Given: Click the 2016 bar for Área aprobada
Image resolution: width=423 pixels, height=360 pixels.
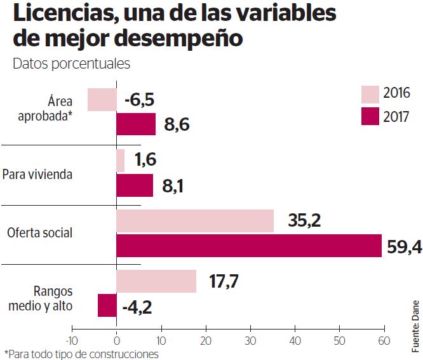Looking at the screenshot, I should [102, 100].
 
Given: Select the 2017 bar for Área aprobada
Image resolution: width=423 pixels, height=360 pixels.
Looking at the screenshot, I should [136, 124].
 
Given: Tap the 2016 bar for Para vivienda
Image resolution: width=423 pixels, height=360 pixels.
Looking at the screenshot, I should [121, 161].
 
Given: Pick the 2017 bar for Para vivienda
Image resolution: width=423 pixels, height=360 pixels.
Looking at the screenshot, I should [135, 185].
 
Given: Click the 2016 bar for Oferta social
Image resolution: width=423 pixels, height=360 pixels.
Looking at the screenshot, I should [195, 221].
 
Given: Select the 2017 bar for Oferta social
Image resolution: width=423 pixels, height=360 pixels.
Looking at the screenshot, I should [249, 246].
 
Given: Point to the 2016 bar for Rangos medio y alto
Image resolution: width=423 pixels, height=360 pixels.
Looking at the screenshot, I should [156, 281].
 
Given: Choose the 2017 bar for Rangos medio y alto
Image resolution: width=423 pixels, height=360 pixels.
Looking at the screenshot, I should [107, 305].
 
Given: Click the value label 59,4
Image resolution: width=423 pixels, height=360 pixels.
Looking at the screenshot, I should [404, 247].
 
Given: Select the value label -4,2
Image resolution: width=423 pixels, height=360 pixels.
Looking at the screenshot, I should [137, 307].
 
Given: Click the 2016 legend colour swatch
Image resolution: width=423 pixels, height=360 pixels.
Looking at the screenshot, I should [370, 94].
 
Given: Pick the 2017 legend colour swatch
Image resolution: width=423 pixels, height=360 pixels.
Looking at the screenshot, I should [370, 117].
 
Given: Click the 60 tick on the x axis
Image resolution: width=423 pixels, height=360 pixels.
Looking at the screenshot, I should [383, 339].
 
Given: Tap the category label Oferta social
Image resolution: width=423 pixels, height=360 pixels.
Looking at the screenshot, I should [39, 233].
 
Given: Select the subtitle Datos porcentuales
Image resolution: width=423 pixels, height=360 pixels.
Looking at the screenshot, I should [71, 63].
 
